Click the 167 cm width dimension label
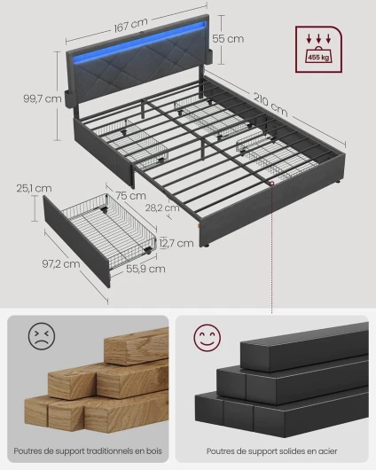click(x=130, y=25)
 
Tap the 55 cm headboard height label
click(x=228, y=39)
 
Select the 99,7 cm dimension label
click(x=43, y=98)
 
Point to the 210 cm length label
click(x=270, y=105)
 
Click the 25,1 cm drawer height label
click(x=34, y=188)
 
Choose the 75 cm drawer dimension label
click(x=130, y=196)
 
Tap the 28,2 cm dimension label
click(x=162, y=208)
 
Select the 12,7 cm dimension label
click(x=176, y=243)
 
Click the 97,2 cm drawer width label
click(x=61, y=263)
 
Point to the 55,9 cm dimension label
click(x=145, y=269)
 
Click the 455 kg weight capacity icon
click(x=318, y=50)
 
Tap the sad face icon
click(x=42, y=336)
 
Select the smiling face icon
click(x=208, y=338)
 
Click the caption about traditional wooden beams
click(x=88, y=450)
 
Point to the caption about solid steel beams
click(x=271, y=451)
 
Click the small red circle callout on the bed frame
click(x=271, y=184)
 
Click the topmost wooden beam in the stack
click(x=137, y=347)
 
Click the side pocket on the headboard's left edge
click(x=67, y=96)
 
